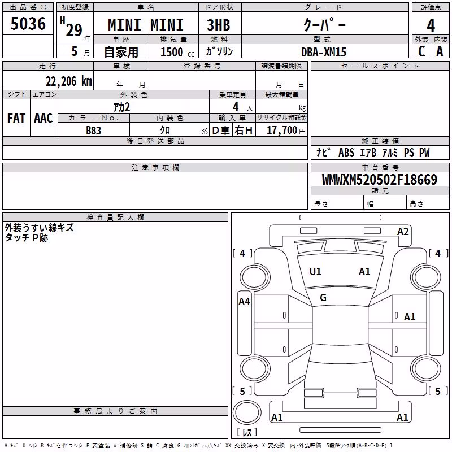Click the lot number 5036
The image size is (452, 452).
point(28,24)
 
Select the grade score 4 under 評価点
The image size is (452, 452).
point(431,25)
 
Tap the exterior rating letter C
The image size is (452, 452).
point(421,51)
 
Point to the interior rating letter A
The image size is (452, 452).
point(440,51)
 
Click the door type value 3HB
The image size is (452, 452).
point(219,25)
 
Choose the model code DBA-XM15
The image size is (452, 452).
point(324,52)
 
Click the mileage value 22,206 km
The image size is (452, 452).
point(69,81)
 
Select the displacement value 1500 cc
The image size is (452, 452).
point(177,52)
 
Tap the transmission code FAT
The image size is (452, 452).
point(16,118)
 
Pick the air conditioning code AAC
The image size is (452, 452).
point(44,118)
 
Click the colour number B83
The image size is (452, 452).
point(93,131)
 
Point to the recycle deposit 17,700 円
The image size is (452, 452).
point(286,131)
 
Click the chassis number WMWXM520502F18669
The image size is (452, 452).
point(380,180)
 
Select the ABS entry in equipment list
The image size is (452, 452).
point(346,153)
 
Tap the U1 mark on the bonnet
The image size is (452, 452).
point(315,272)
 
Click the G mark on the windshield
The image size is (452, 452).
point(323,298)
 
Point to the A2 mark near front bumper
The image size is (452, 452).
point(403,232)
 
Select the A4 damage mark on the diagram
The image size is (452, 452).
point(244,302)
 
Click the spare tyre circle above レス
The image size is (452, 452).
point(247,412)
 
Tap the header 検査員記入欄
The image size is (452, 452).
point(115,218)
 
